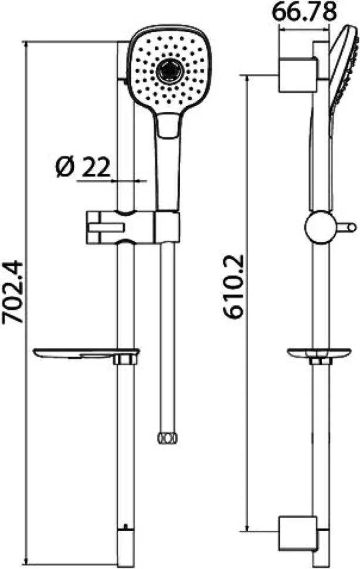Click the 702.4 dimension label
click(x=13, y=292)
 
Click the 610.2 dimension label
click(x=234, y=287)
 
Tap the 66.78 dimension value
click(x=304, y=12)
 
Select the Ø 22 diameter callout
click(x=83, y=167)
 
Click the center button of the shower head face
click(x=169, y=71)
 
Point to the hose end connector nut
click(x=168, y=437)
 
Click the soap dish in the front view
click(x=86, y=354)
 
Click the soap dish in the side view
click(x=319, y=353)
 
